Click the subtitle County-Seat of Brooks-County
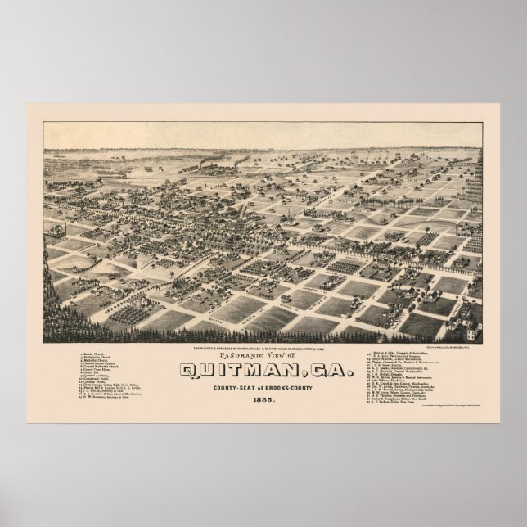click(x=263, y=388)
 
